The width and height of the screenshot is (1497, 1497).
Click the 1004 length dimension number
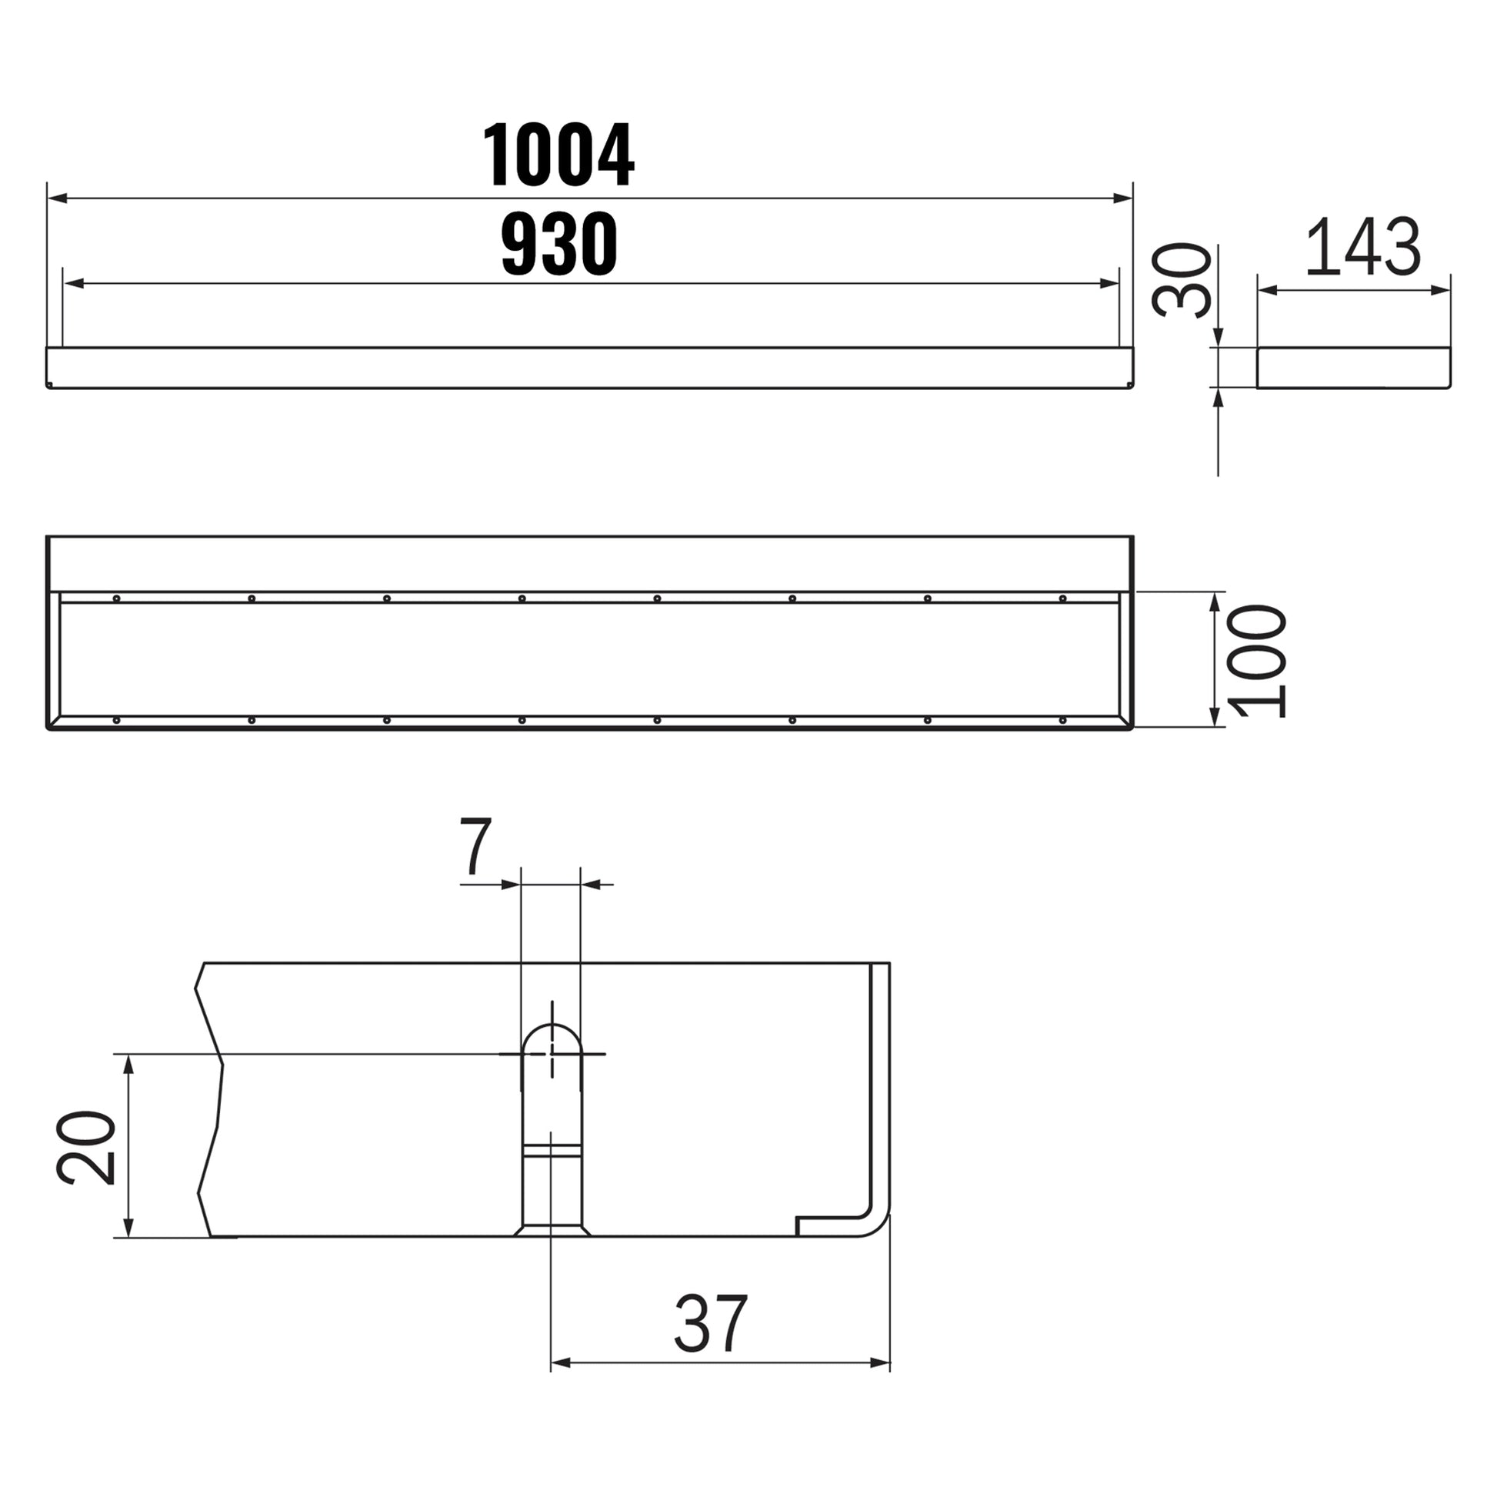click(558, 155)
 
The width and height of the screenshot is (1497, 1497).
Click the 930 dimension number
click(558, 244)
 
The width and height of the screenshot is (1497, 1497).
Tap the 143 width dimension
click(1363, 247)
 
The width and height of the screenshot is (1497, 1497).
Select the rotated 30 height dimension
click(1181, 281)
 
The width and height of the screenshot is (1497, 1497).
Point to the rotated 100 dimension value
click(1257, 661)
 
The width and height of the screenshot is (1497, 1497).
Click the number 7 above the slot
click(475, 846)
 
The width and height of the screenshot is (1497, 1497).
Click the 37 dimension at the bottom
click(711, 1323)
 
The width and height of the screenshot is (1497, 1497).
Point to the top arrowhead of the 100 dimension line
click(1214, 602)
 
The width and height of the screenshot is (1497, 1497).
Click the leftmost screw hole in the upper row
click(116, 598)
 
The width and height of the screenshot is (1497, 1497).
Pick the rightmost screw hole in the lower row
click(1062, 721)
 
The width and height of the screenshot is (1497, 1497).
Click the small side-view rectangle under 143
click(1353, 368)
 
